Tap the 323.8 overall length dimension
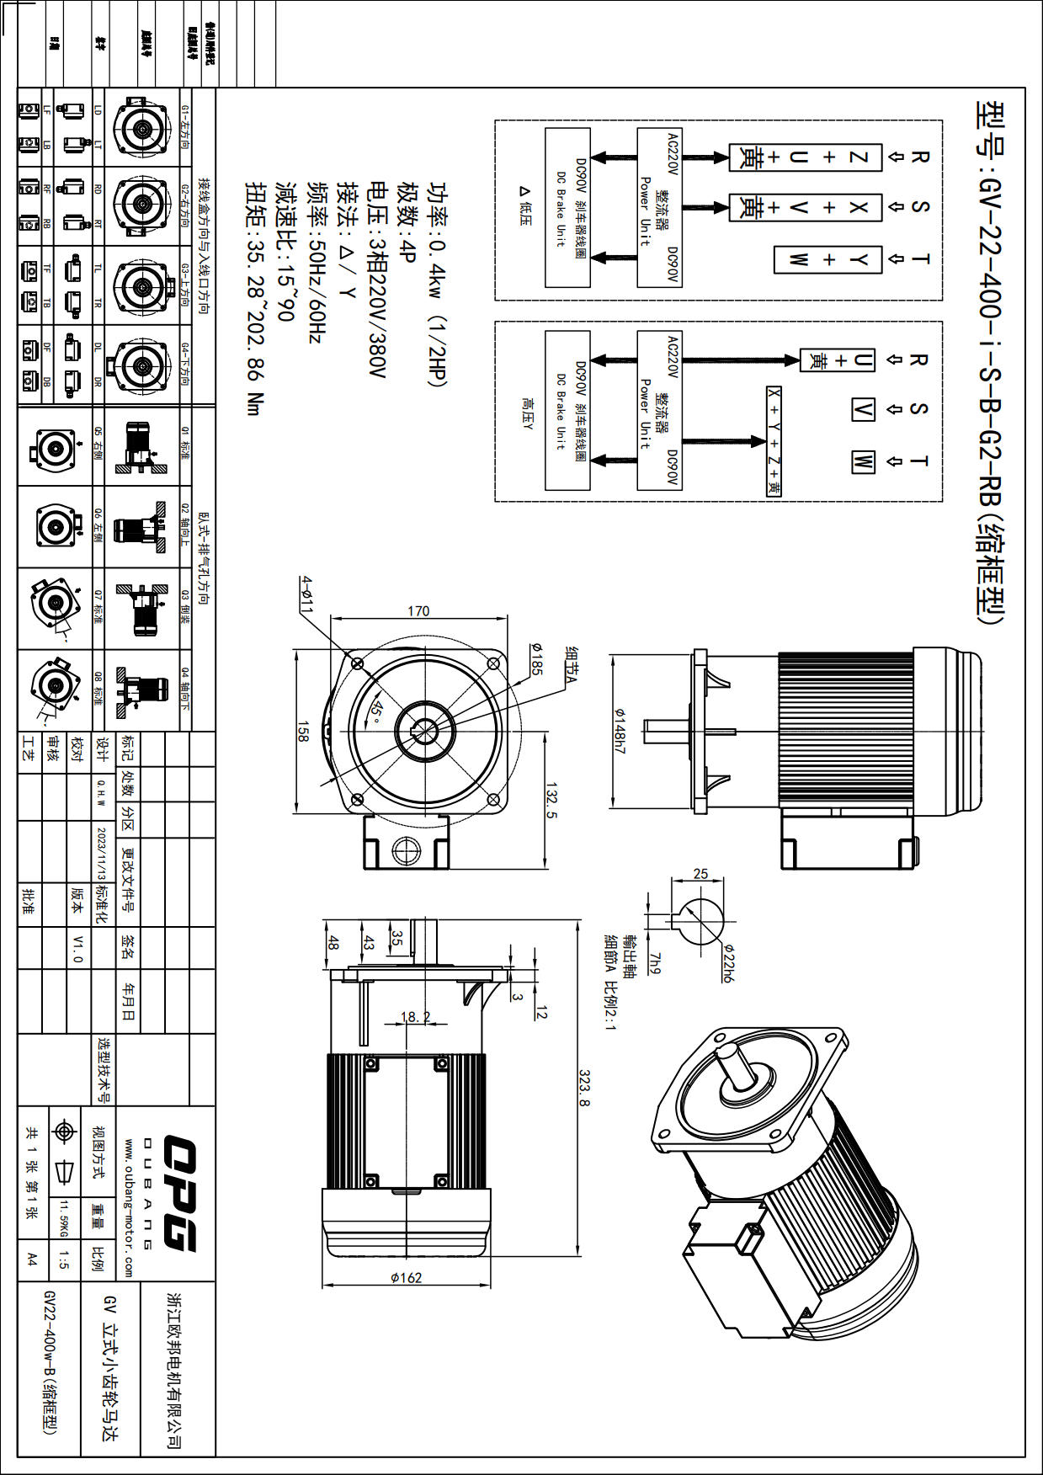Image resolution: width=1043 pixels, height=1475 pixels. point(583,1088)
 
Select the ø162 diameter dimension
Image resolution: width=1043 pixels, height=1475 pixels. point(406,1277)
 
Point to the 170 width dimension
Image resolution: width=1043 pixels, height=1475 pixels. point(418,610)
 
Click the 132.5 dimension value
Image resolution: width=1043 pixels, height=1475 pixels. point(552,799)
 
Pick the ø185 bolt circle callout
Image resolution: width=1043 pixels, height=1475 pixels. point(535,658)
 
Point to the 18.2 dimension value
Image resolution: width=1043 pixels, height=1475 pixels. point(414,1016)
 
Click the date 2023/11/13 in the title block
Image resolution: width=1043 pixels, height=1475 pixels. point(102,853)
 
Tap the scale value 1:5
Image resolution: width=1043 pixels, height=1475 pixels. point(63,1259)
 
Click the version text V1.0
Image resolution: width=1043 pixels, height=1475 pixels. point(77,948)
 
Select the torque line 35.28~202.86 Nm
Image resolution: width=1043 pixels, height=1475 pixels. point(254,298)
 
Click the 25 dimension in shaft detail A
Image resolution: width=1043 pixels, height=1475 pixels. point(700,874)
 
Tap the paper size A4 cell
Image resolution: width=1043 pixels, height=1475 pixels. point(31,1259)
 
